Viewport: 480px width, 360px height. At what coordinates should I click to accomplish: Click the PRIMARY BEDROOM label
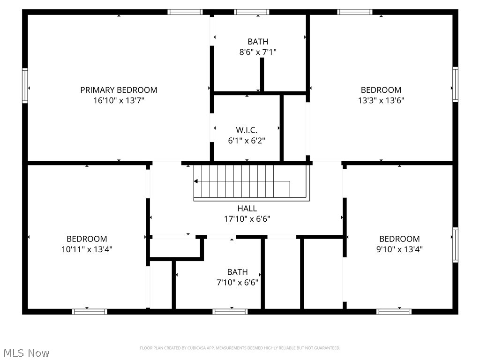119,90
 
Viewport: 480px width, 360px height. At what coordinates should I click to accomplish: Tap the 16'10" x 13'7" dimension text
119,100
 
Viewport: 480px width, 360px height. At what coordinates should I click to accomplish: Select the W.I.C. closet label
247,130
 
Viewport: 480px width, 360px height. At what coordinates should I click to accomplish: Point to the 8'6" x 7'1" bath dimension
258,52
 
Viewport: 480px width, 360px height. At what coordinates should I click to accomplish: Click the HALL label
247,209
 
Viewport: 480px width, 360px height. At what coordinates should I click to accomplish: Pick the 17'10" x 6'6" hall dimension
247,219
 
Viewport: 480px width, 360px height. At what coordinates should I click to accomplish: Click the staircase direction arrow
196,181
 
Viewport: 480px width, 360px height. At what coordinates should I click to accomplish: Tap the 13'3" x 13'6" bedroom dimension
381,100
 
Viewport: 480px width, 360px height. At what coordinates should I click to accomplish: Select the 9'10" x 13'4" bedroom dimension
399,249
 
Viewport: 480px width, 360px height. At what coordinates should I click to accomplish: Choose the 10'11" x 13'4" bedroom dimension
87,249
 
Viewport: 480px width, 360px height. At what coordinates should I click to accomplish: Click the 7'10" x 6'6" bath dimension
237,282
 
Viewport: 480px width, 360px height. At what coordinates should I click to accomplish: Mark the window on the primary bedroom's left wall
25,85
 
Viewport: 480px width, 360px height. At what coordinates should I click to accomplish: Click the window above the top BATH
252,12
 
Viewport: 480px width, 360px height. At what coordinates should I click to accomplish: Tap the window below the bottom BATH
230,311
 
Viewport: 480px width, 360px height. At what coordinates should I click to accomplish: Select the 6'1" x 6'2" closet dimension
247,140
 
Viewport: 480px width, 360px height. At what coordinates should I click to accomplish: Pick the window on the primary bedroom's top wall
185,12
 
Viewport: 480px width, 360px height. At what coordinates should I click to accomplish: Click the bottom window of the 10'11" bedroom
90,311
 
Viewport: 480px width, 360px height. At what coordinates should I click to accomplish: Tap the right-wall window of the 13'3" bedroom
455,85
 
